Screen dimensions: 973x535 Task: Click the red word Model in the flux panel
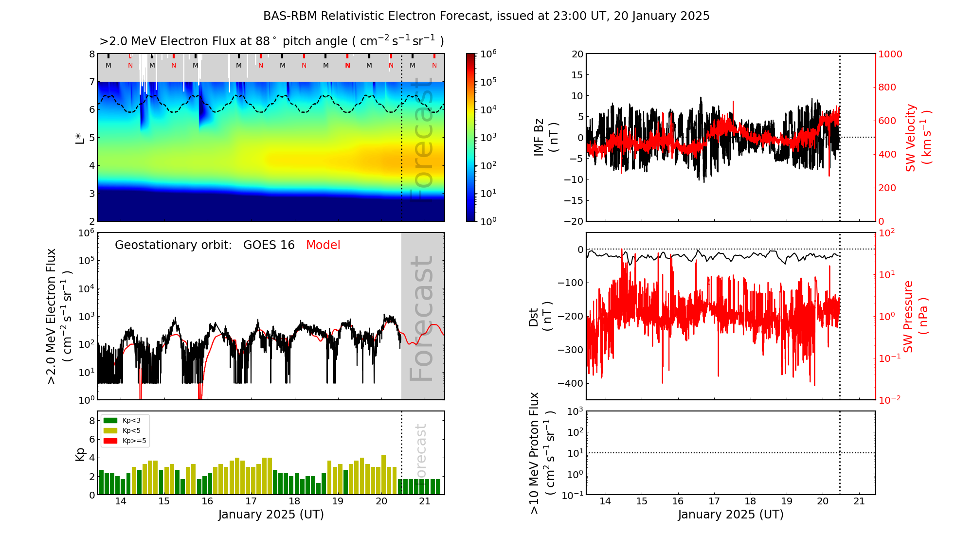pyautogui.click(x=323, y=245)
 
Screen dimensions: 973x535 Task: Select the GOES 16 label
pyautogui.click(x=269, y=245)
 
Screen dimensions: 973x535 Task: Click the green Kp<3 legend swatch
pyautogui.click(x=110, y=420)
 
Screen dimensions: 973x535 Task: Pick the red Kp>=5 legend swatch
pyautogui.click(x=110, y=441)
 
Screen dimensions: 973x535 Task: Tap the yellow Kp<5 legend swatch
pyautogui.click(x=110, y=430)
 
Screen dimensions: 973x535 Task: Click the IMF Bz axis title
pyautogui.click(x=546, y=137)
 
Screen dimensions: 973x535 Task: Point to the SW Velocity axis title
pyautogui.click(x=918, y=138)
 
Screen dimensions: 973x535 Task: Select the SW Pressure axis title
pyautogui.click(x=915, y=317)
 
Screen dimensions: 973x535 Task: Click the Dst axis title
pyautogui.click(x=540, y=317)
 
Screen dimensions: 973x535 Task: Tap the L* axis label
pyautogui.click(x=80, y=137)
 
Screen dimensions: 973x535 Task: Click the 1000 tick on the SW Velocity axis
pyautogui.click(x=890, y=54)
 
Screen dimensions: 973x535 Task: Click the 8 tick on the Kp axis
pyautogui.click(x=92, y=421)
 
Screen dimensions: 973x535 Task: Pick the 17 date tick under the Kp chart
pyautogui.click(x=251, y=501)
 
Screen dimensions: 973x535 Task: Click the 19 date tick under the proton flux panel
pyautogui.click(x=787, y=501)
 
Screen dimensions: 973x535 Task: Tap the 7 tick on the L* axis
pyautogui.click(x=92, y=82)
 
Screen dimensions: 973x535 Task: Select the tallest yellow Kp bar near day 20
pyautogui.click(x=383, y=475)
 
